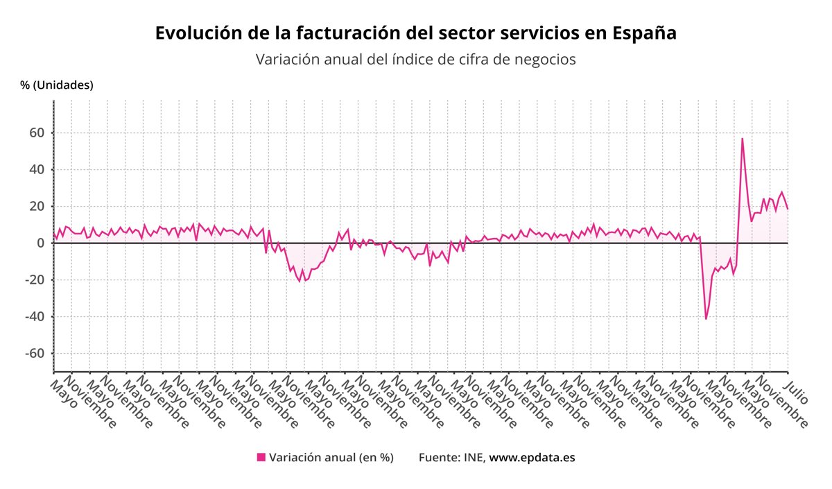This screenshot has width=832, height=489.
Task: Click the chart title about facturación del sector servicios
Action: click(415, 33)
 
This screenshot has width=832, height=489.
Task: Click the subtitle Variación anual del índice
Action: click(415, 60)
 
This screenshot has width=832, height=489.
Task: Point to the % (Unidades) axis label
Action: click(57, 85)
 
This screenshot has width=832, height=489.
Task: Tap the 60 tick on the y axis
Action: click(37, 132)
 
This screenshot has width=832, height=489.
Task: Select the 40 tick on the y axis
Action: click(37, 169)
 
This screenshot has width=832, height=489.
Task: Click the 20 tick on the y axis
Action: click(37, 206)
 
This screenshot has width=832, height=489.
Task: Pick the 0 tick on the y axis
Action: click(42, 243)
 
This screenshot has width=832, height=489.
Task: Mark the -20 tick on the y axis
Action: click(35, 280)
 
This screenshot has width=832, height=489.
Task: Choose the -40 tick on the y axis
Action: click(35, 317)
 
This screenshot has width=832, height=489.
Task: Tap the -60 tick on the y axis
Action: click(35, 354)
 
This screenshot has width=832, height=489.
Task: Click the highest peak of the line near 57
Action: click(742, 138)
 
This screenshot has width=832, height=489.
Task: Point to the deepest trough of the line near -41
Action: click(706, 319)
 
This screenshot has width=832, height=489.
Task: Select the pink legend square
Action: click(261, 457)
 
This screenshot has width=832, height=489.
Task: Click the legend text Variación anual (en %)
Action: click(331, 458)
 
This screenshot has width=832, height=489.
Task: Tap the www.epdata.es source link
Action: click(532, 458)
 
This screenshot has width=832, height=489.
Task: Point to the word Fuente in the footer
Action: click(437, 458)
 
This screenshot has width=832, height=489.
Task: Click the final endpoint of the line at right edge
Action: click(788, 209)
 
